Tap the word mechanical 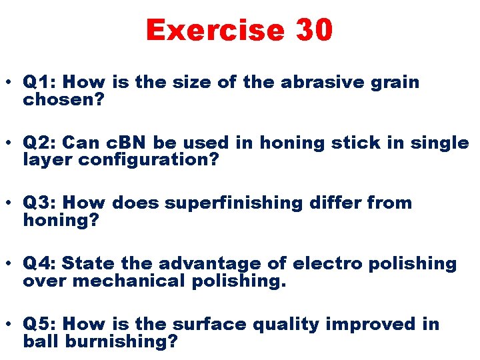[130, 281]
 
